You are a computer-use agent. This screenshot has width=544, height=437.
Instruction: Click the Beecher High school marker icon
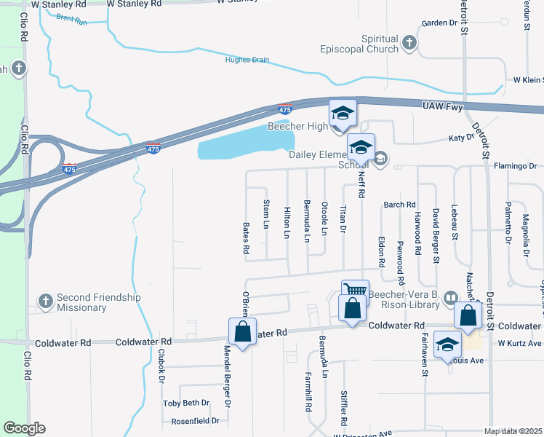point(343,114)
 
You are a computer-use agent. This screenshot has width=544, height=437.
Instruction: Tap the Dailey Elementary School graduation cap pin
point(361,148)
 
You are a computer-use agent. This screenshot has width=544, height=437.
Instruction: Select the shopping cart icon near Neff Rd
point(355,289)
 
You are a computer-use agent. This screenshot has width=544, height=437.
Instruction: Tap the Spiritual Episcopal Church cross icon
point(409,44)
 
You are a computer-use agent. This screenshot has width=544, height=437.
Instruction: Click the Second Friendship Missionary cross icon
point(45,301)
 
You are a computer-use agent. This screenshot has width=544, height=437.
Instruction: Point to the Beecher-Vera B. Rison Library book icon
point(451,297)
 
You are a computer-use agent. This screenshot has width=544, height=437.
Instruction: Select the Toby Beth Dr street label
point(186,403)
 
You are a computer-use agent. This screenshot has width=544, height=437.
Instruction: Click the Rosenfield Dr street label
point(195,421)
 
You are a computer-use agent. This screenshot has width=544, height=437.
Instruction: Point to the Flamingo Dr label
point(514,166)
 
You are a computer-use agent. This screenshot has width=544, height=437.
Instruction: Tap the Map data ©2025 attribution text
point(513,431)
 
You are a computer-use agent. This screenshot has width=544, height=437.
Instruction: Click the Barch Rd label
point(399,205)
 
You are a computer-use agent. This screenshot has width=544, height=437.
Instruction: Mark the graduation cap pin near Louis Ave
point(447,345)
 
